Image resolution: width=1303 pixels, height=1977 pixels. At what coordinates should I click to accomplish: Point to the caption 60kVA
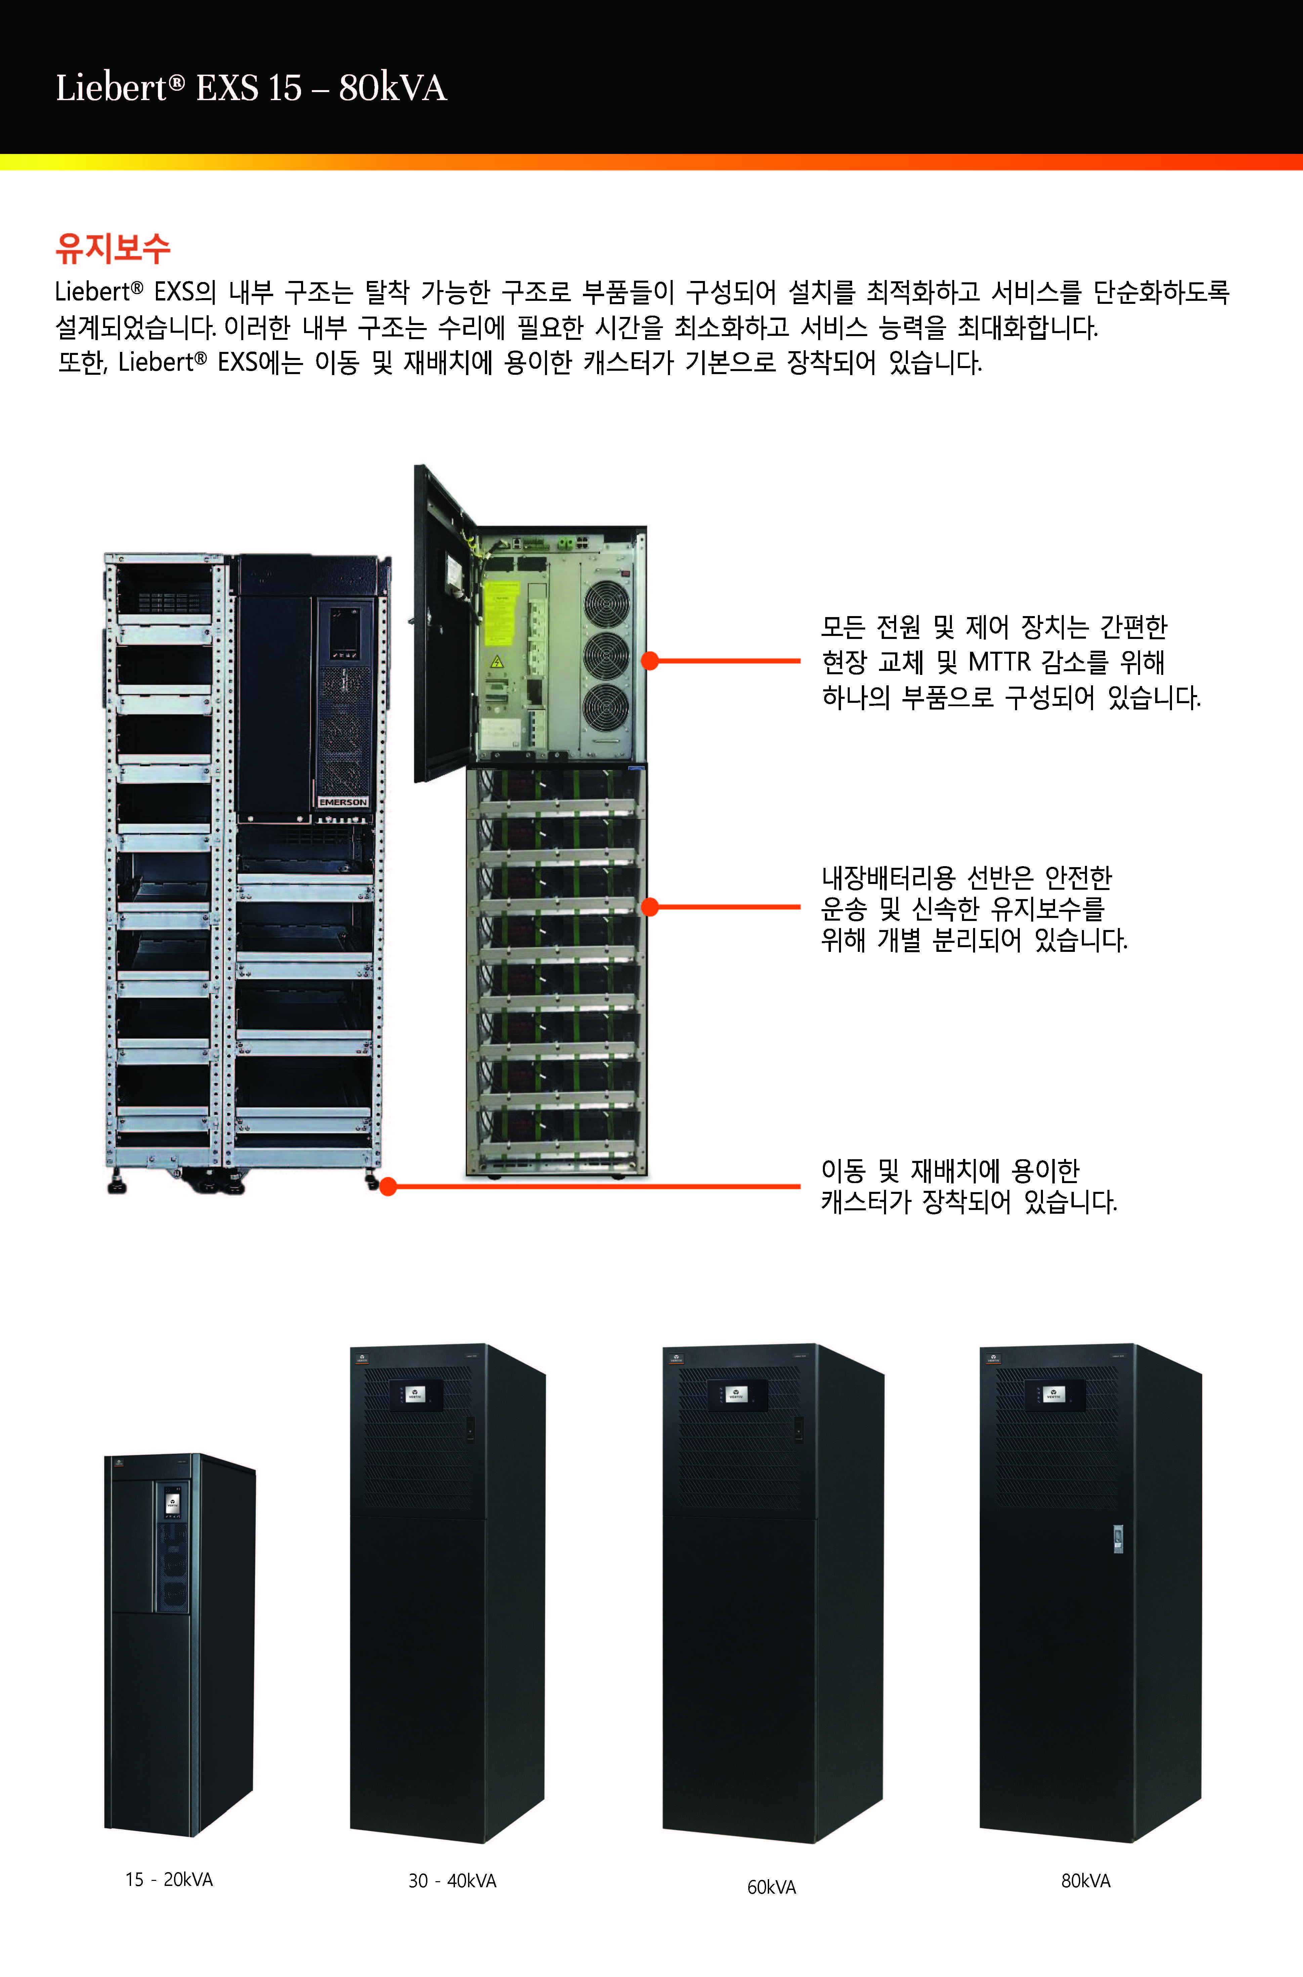click(x=771, y=1887)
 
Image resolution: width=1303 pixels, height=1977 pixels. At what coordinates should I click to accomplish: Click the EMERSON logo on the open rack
click(x=342, y=802)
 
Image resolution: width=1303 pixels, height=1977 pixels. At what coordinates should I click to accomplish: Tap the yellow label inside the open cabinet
click(x=501, y=613)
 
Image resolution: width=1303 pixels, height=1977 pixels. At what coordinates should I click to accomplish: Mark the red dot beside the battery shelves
click(x=651, y=906)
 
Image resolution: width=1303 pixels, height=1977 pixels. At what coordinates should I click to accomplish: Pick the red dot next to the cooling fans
click(x=651, y=661)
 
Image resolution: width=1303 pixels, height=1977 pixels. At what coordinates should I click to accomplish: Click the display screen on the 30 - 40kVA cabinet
click(x=414, y=1395)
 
